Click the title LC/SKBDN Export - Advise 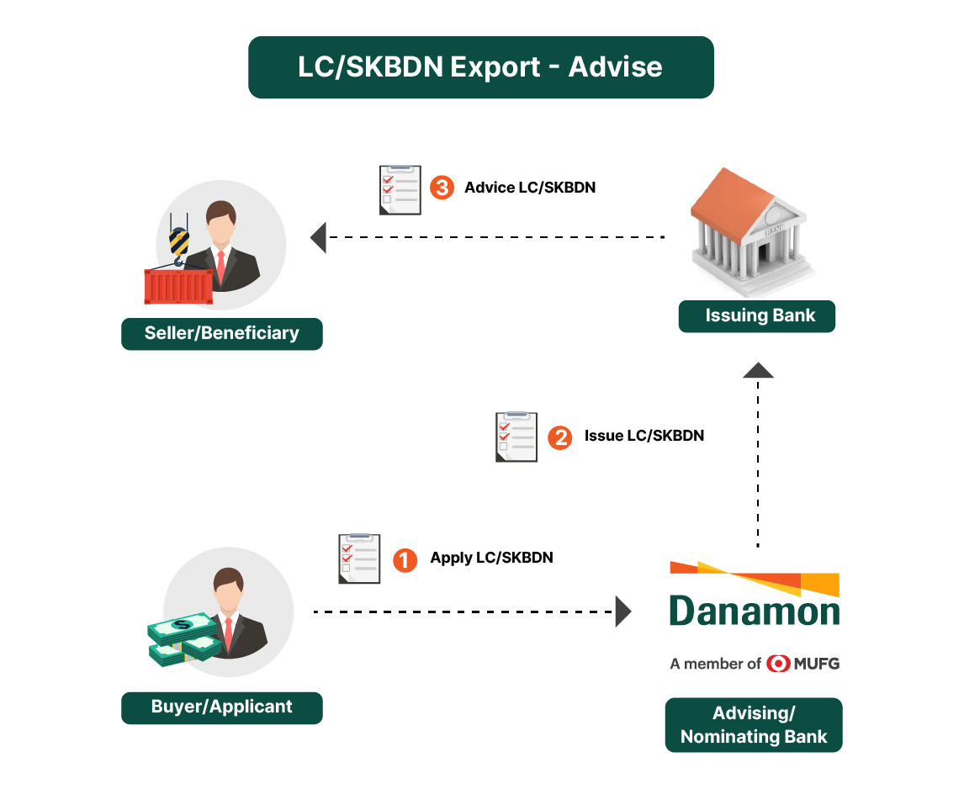coord(480,67)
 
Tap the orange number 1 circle coord(405,559)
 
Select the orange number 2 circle coord(559,437)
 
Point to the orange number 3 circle coord(441,188)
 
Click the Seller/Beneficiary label coord(222,333)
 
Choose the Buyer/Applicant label coord(222,707)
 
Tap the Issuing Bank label coord(757,316)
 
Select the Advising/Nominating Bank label coord(754,725)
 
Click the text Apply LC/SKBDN coord(491,558)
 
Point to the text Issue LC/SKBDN coord(644,436)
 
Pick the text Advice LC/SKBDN coord(530,188)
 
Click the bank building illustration coord(751,226)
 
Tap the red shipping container coord(178,287)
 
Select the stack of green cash coord(183,638)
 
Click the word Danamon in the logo coord(755,612)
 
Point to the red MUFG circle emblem coord(777,664)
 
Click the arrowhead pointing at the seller coord(319,238)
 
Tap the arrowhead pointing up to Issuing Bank coord(759,370)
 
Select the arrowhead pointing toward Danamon coord(623,612)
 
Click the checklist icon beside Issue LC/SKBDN coord(516,437)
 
